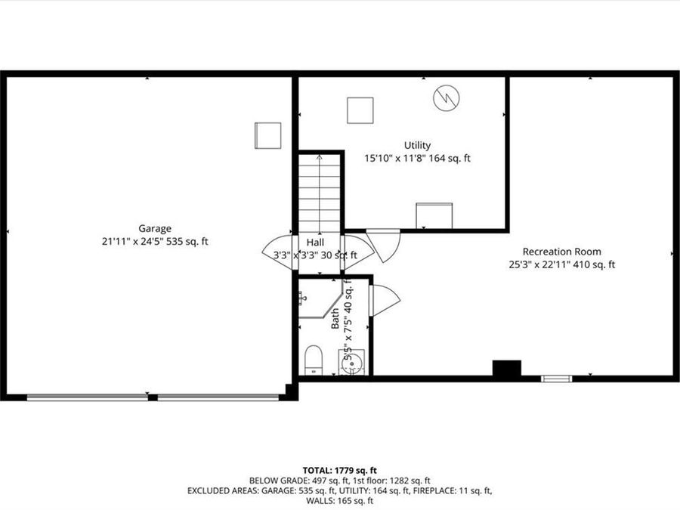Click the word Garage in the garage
tap(154, 228)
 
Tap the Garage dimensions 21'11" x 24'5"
tap(154, 242)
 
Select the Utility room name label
tap(417, 145)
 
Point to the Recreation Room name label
tap(561, 252)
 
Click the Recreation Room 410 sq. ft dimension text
tap(561, 264)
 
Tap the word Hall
tap(315, 243)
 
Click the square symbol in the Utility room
tap(360, 110)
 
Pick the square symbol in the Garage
tap(267, 135)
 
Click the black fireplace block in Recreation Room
tap(507, 368)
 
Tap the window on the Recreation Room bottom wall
tap(556, 378)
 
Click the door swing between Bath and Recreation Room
tap(384, 300)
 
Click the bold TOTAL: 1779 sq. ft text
tap(339, 470)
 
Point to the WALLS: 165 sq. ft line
tap(339, 500)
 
